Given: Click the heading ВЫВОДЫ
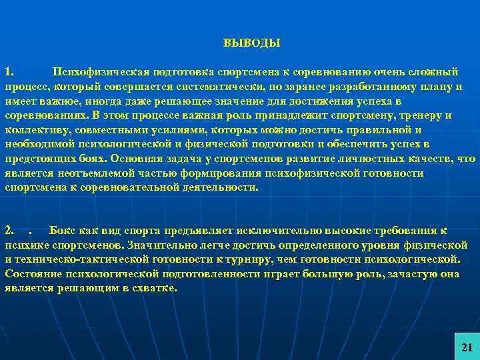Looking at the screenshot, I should [x=252, y=43].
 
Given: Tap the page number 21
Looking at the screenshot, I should [x=467, y=347].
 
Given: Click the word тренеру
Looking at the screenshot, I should [x=426, y=115].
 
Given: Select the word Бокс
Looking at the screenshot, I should [x=64, y=231].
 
